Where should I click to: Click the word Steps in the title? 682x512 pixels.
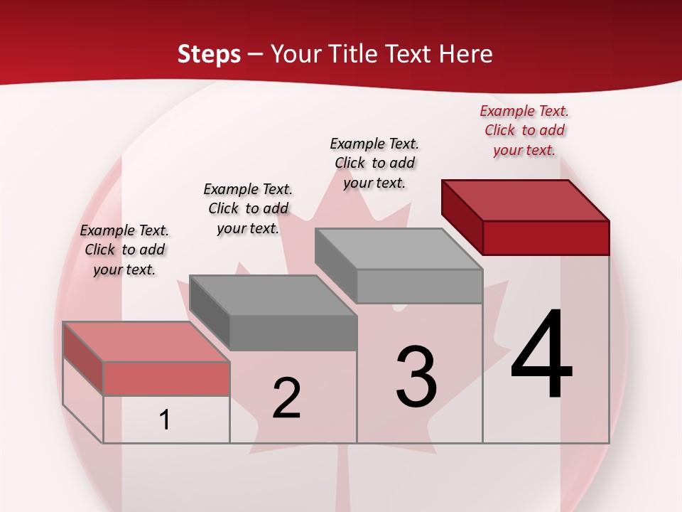tap(209, 54)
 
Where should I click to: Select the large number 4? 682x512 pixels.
tap(541, 356)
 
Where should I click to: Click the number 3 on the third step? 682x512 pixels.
tap(416, 377)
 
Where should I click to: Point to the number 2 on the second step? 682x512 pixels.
tap(286, 398)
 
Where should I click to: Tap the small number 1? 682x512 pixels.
tap(165, 420)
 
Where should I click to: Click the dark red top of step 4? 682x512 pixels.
tap(526, 200)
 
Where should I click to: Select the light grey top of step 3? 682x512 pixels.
tap(399, 249)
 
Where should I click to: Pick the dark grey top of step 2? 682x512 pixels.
tap(273, 295)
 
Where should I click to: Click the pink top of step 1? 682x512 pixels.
tap(146, 341)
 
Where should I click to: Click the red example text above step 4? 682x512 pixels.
tap(524, 130)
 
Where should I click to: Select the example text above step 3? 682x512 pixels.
tap(374, 163)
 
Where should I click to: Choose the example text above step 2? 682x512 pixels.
tap(248, 208)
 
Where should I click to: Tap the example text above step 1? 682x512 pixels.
tap(124, 250)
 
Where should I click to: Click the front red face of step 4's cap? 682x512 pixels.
tap(546, 238)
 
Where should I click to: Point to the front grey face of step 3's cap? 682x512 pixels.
tap(419, 286)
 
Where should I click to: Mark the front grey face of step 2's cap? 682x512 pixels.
tap(293, 333)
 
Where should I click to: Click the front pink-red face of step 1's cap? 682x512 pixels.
tap(166, 378)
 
